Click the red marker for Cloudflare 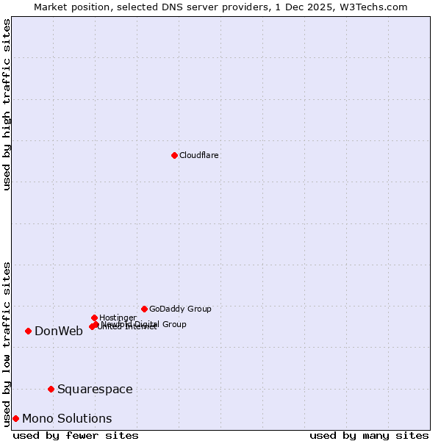coord(174,155)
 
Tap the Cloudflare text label coord(199,155)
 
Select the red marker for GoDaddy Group coord(144,309)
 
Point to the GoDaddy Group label coord(180,309)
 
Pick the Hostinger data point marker coord(94,318)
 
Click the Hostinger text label coord(118,318)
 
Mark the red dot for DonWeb coord(28,331)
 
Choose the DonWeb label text coord(59,331)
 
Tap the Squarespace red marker coord(51,389)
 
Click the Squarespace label coord(95,389)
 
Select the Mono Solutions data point coord(15,418)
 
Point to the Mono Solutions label coord(67,418)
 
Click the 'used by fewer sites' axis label coord(76,435)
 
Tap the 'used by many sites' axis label coord(369,435)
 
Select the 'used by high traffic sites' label coord(7,104)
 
